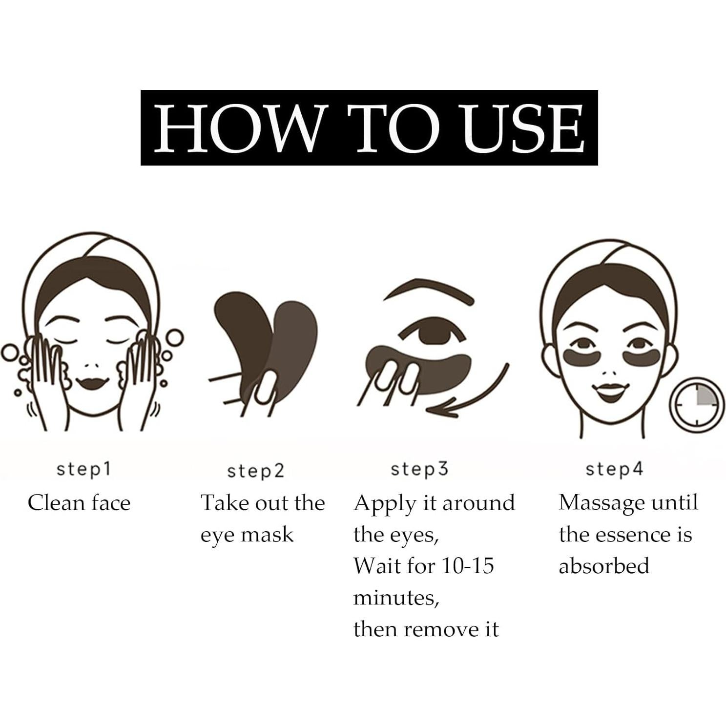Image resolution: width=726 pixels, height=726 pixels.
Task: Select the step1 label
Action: pyautogui.click(x=84, y=469)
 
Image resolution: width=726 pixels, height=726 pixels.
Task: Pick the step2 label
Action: pyautogui.click(x=255, y=471)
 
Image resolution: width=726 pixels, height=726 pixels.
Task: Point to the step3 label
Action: pyautogui.click(x=419, y=469)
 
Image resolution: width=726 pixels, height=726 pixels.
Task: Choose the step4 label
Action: pyautogui.click(x=614, y=469)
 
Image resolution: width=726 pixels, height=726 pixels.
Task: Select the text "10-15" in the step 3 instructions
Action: pyautogui.click(x=467, y=566)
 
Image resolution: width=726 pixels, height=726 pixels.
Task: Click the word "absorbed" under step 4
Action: pyautogui.click(x=604, y=566)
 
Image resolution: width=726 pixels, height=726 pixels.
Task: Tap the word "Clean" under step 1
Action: pyautogui.click(x=50, y=503)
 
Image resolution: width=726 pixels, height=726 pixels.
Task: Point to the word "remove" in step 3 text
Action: pyautogui.click(x=443, y=629)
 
